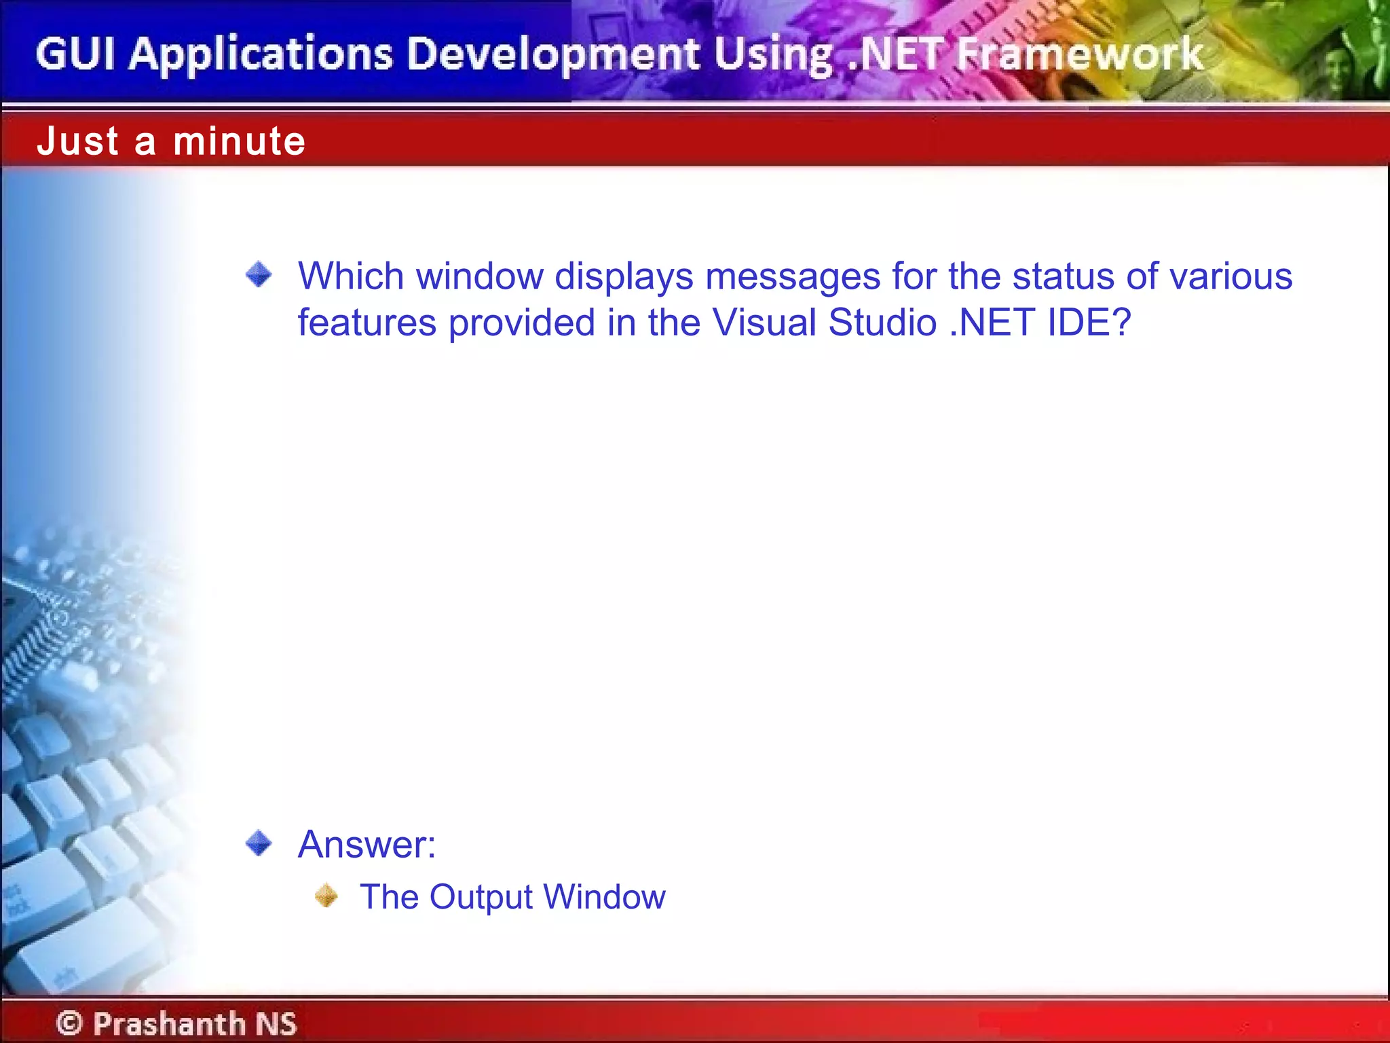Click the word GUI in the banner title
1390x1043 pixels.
pos(75,54)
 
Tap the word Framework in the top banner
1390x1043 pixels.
pos(1079,54)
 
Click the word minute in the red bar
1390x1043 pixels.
pos(239,141)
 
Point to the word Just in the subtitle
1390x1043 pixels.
pos(78,141)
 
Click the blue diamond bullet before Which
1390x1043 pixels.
pos(259,275)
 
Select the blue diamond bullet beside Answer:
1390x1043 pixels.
pos(259,843)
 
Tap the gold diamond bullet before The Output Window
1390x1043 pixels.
pos(326,896)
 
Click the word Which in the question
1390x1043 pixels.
pos(351,276)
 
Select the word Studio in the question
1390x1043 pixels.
pos(882,323)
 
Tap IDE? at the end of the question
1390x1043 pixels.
pos(1089,323)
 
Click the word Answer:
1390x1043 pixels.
pos(367,845)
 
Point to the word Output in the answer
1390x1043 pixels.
pos(481,897)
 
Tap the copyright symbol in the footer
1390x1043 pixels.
pos(69,1023)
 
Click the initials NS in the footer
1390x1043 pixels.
pos(276,1023)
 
